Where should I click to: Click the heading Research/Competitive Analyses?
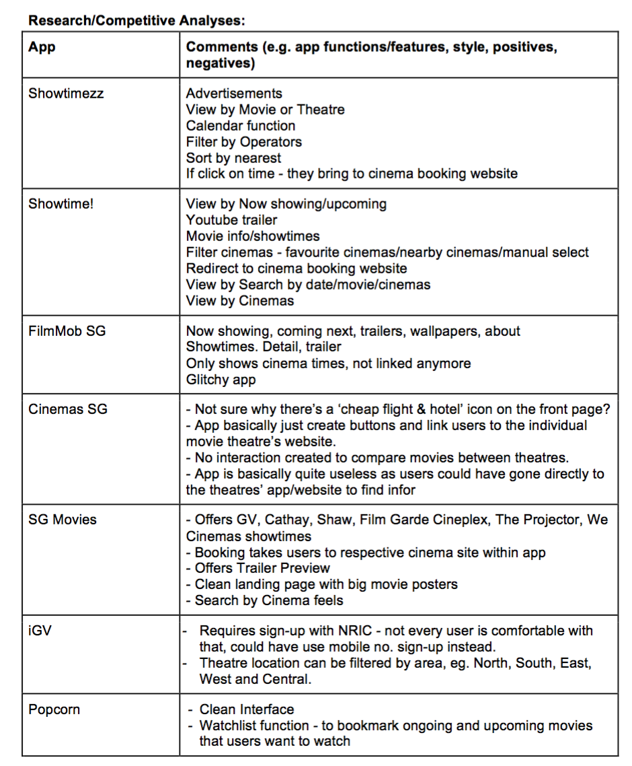[x=136, y=20]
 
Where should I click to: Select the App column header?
[x=42, y=48]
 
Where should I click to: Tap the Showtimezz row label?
[x=66, y=94]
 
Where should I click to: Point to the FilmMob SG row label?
[x=67, y=331]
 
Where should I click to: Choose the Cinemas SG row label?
[x=67, y=409]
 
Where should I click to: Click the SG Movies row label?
[x=63, y=520]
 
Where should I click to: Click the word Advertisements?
[x=234, y=94]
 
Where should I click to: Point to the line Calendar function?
[x=241, y=126]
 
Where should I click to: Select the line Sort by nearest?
[x=233, y=158]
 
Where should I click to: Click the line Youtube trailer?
[x=231, y=220]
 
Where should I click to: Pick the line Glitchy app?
[x=221, y=380]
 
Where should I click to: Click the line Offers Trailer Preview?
[x=258, y=568]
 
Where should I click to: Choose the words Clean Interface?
[x=247, y=709]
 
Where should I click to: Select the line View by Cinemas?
[x=240, y=301]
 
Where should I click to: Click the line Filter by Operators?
[x=244, y=142]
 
